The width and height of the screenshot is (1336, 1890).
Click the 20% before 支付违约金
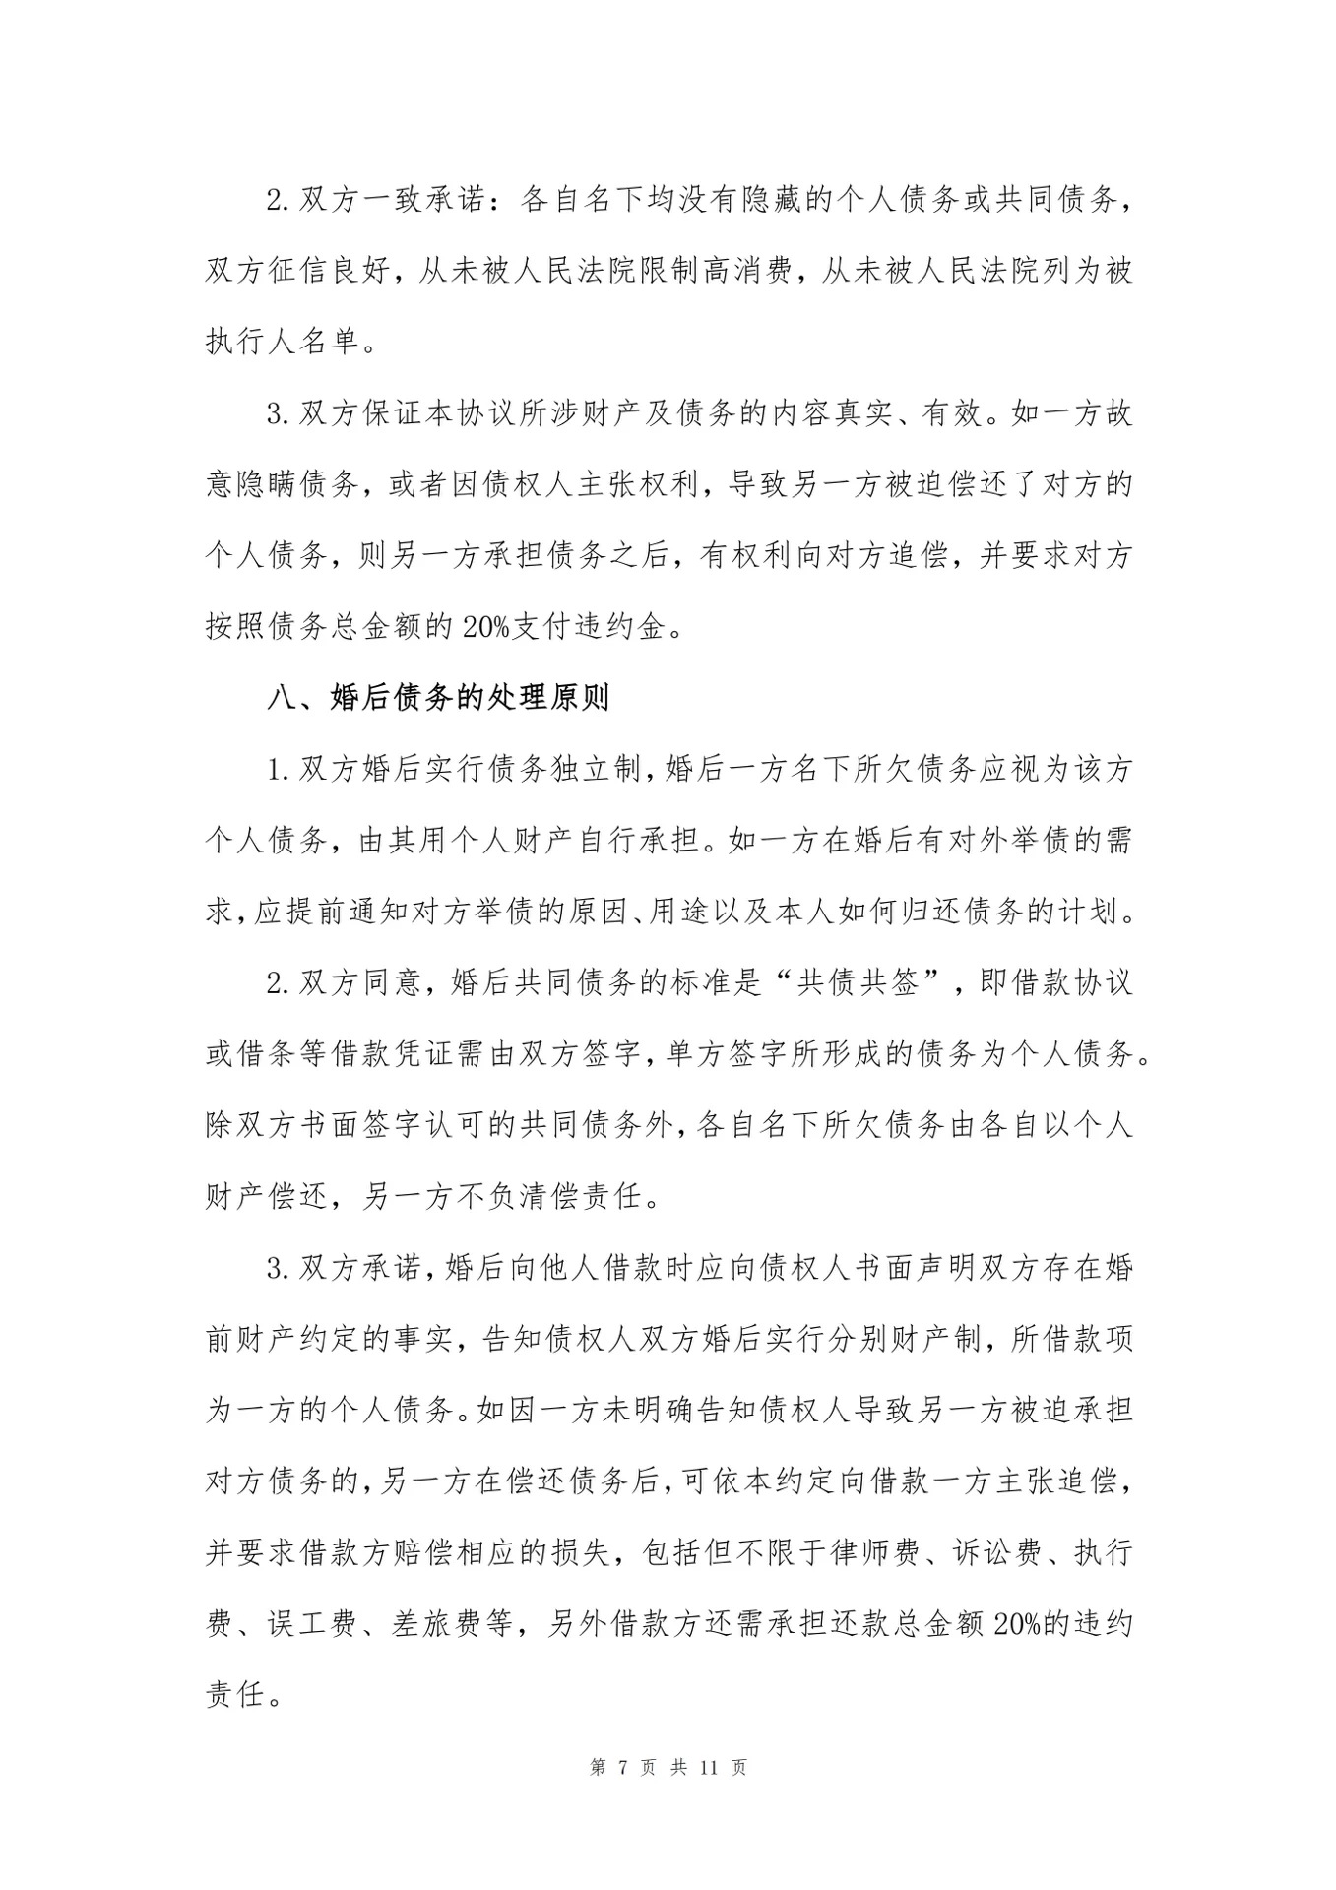coord(483,627)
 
